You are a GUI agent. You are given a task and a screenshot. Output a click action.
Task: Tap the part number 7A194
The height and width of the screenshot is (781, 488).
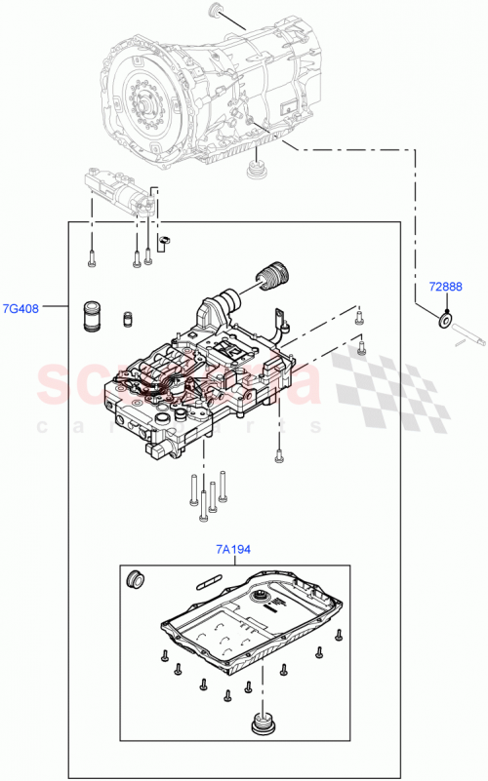(233, 550)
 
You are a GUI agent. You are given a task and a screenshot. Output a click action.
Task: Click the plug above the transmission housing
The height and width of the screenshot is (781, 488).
(217, 14)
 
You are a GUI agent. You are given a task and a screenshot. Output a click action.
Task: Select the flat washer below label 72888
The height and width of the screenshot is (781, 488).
(444, 318)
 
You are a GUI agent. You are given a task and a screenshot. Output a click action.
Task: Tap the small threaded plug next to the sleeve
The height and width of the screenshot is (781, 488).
(126, 319)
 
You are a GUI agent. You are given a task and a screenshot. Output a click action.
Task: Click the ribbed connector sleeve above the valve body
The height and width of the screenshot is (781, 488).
(270, 277)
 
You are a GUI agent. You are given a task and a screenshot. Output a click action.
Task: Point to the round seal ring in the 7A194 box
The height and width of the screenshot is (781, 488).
(136, 581)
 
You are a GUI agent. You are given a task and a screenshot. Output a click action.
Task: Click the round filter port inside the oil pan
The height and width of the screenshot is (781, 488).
(261, 597)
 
